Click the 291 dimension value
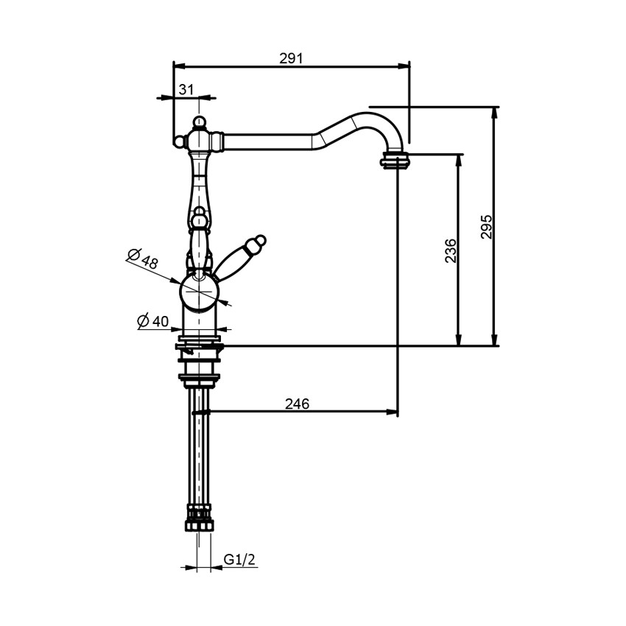coord(291,58)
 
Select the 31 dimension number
coord(186,89)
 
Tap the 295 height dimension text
coord(486,227)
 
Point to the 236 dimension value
coord(450,250)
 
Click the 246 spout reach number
coord(297,404)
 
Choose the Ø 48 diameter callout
coord(143,259)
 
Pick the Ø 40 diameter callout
coord(153,320)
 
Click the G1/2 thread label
coord(239,559)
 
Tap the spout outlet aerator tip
coord(395,161)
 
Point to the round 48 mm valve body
coord(199,291)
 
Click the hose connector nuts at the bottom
coord(200,518)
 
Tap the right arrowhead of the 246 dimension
coord(393,411)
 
